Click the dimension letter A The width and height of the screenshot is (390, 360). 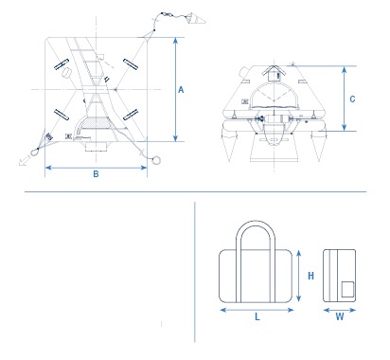click(x=181, y=90)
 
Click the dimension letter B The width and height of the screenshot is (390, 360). click(x=96, y=173)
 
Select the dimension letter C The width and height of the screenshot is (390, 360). click(x=352, y=99)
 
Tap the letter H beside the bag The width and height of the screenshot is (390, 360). click(x=310, y=276)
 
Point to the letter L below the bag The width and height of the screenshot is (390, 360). click(x=257, y=316)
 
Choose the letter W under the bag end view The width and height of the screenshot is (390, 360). click(x=340, y=316)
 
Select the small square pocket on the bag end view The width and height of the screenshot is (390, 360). click(x=347, y=289)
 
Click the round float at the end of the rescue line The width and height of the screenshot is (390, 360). click(x=156, y=160)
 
